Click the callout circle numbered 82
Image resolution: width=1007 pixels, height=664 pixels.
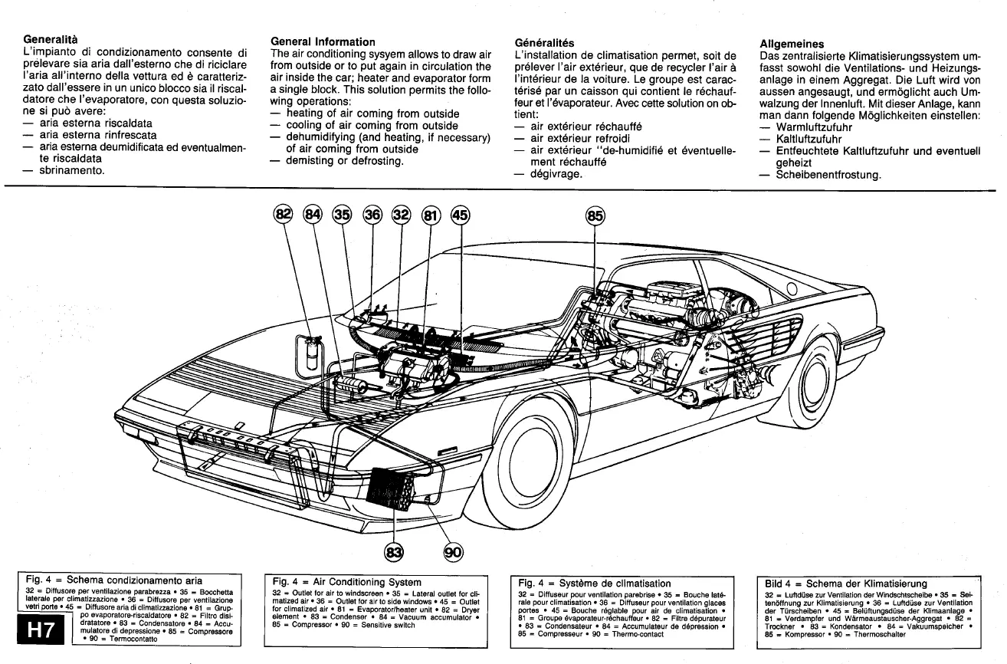[x=284, y=214]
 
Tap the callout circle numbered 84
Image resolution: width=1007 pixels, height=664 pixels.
[x=313, y=214]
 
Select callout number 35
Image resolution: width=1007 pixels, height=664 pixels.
[x=342, y=214]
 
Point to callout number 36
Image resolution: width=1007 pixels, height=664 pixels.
[x=372, y=214]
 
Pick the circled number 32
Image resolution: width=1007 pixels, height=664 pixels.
[x=401, y=214]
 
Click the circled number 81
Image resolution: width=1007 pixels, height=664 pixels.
[x=430, y=215]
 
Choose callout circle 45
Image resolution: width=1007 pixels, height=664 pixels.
[x=459, y=215]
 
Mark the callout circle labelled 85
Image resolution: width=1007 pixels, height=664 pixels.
[x=595, y=215]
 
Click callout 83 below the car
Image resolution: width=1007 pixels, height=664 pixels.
[x=394, y=551]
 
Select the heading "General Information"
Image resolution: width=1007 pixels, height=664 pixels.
[x=323, y=42]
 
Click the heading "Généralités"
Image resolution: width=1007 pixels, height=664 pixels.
[x=546, y=43]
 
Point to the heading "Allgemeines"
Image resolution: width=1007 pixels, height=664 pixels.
[x=792, y=44]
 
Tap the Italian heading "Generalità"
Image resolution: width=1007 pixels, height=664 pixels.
[x=51, y=38]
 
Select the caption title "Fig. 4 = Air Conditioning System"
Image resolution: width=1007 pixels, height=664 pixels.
[x=346, y=583]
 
